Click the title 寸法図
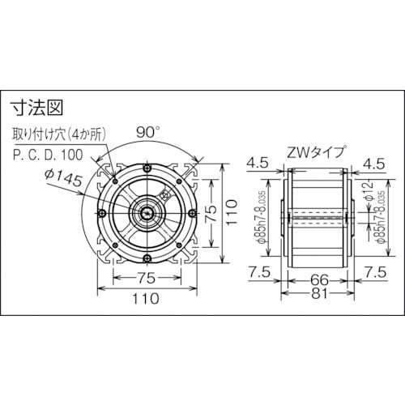[x=36, y=106]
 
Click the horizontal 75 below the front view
[x=146, y=278]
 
